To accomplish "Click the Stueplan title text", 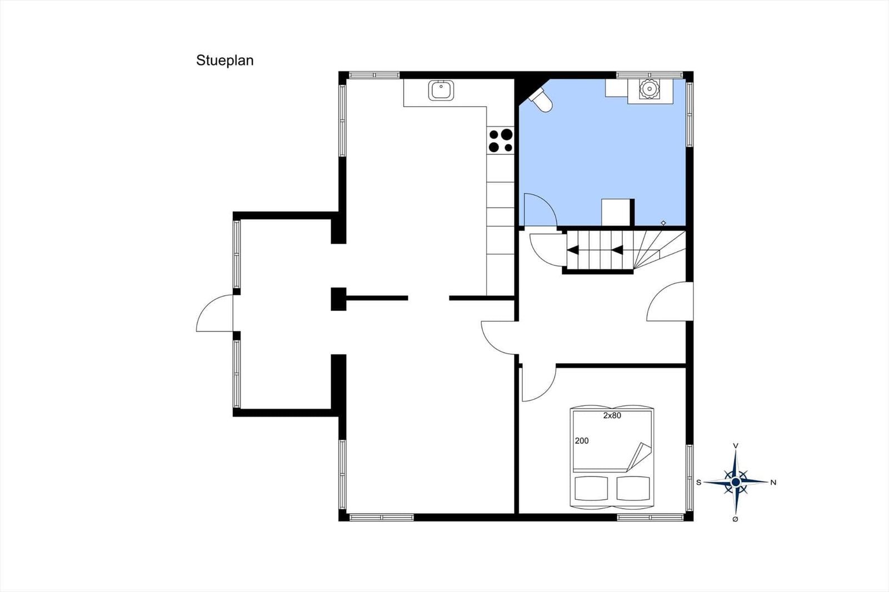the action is point(224,61).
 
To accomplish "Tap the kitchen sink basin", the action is point(441,90).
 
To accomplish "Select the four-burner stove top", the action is point(501,141).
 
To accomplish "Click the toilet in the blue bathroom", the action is point(540,99).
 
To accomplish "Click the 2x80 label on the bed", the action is point(612,416).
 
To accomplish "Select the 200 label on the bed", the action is point(582,441).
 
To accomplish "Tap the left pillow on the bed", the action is point(591,489).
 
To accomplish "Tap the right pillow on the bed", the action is point(633,489).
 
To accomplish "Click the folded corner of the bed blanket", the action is point(640,456).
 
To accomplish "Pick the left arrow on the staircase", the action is point(573,250).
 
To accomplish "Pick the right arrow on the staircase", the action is point(617,250).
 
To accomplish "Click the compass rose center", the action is point(736,482).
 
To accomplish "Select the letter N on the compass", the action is point(773,483).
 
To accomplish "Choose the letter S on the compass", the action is point(699,483).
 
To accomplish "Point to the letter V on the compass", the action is point(736,446).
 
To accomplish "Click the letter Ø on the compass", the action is point(735,519).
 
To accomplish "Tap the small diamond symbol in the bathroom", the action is point(663,223).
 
